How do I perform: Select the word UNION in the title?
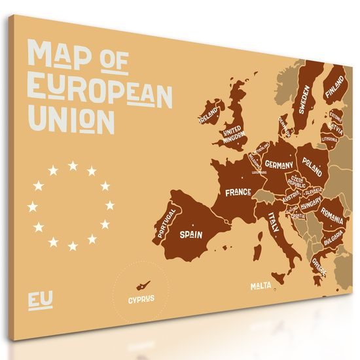coord(72,122)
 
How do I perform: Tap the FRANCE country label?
coord(238,192)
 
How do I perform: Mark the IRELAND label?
coord(209,118)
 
